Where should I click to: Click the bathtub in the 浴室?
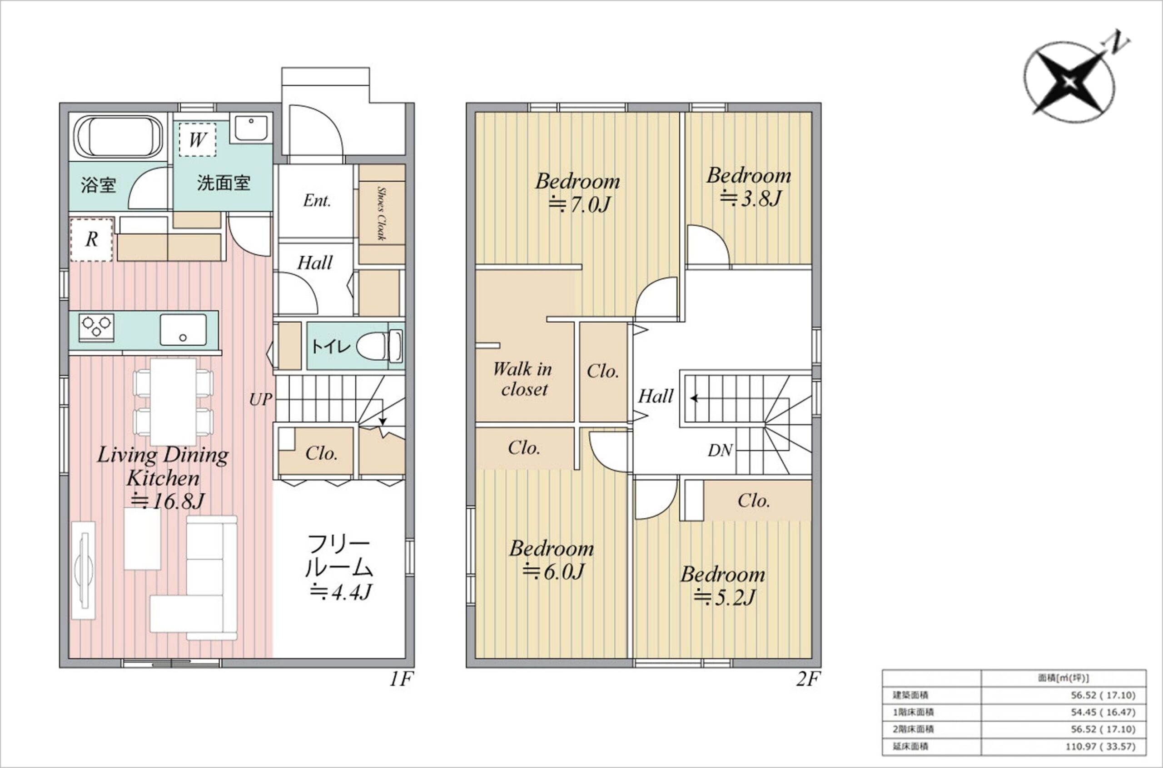point(118,137)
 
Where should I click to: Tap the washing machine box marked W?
point(197,139)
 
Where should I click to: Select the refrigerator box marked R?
point(92,239)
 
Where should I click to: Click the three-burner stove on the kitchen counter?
point(96,327)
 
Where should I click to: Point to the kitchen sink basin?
point(183,330)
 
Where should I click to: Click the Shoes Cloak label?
point(382,213)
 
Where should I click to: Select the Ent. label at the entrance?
point(317,200)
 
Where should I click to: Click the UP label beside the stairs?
point(260,399)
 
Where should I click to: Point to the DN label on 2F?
point(720,450)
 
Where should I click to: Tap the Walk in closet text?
point(523,379)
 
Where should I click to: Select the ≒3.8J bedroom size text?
point(750,198)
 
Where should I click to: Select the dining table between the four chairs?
point(173,401)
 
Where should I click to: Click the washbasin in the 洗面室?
point(250,129)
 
